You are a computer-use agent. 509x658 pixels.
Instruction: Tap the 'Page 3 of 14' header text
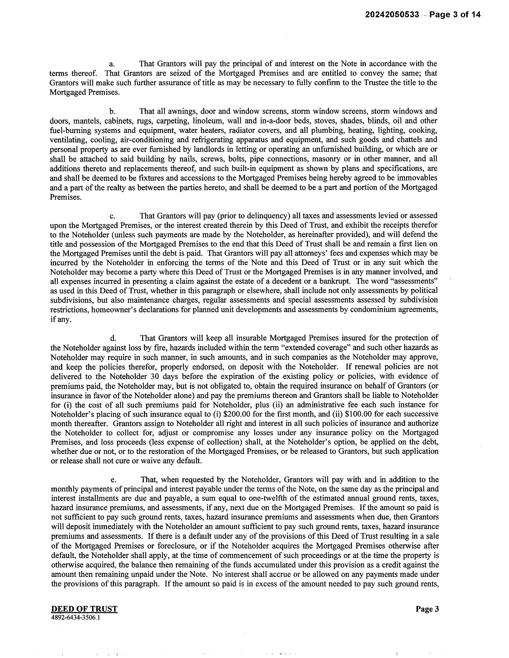pos(455,15)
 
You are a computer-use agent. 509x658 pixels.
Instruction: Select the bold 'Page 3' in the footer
pos(427,609)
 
